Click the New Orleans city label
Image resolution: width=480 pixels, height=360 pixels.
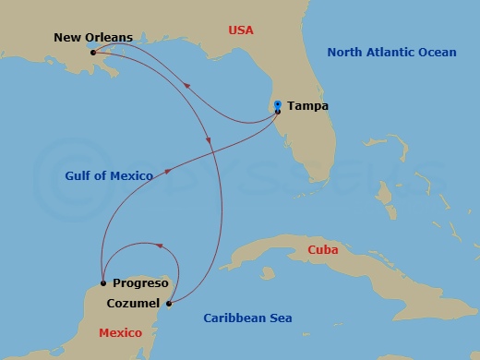(93, 38)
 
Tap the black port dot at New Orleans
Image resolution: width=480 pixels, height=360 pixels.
(93, 53)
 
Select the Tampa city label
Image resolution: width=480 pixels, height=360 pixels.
(307, 106)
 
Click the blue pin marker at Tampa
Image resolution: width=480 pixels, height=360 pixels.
(278, 105)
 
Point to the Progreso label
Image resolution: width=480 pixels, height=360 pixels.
(140, 283)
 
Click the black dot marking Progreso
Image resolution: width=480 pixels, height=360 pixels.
(103, 283)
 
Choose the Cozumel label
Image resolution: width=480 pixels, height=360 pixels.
(132, 303)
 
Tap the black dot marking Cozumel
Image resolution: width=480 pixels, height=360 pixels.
(168, 303)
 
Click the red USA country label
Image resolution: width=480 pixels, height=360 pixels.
(241, 30)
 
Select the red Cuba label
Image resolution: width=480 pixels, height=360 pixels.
(322, 250)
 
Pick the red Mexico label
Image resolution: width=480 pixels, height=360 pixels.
(121, 332)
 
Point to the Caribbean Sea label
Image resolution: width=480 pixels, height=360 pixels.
(247, 318)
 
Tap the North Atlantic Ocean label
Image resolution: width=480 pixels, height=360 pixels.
(391, 53)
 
